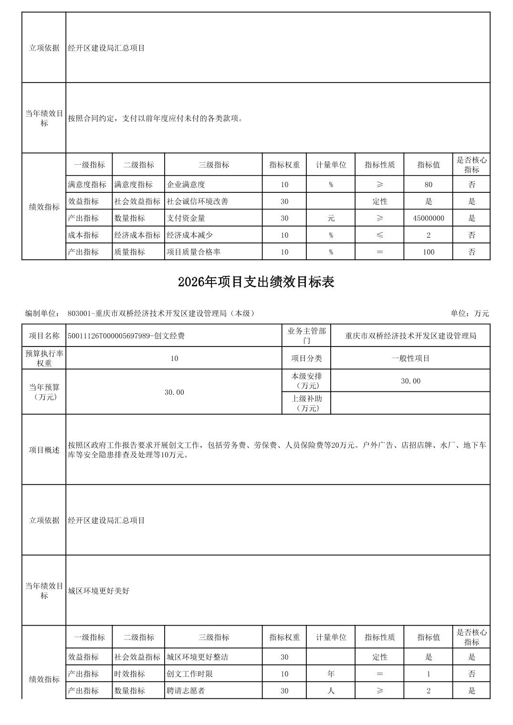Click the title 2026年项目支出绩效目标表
pyautogui.click(x=256, y=282)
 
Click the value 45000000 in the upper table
pyautogui.click(x=428, y=218)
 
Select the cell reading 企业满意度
pyautogui.click(x=186, y=185)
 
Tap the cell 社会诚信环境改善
pyautogui.click(x=197, y=201)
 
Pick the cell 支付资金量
pyautogui.click(x=186, y=218)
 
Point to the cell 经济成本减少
pyautogui.click(x=189, y=235)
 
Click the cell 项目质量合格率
pyautogui.click(x=193, y=252)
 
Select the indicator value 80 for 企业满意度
pyautogui.click(x=428, y=185)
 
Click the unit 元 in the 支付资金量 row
pyautogui.click(x=331, y=218)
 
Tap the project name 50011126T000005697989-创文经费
pyautogui.click(x=126, y=336)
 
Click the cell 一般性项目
pyautogui.click(x=410, y=358)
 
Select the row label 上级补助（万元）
pyautogui.click(x=306, y=403)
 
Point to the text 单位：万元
pyautogui.click(x=470, y=314)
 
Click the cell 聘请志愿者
pyautogui.click(x=186, y=691)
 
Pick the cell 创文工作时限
pyautogui.click(x=189, y=674)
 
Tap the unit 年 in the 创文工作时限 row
pyautogui.click(x=331, y=674)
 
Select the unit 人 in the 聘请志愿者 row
pyautogui.click(x=331, y=691)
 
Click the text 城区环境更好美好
pyautogui.click(x=99, y=591)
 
